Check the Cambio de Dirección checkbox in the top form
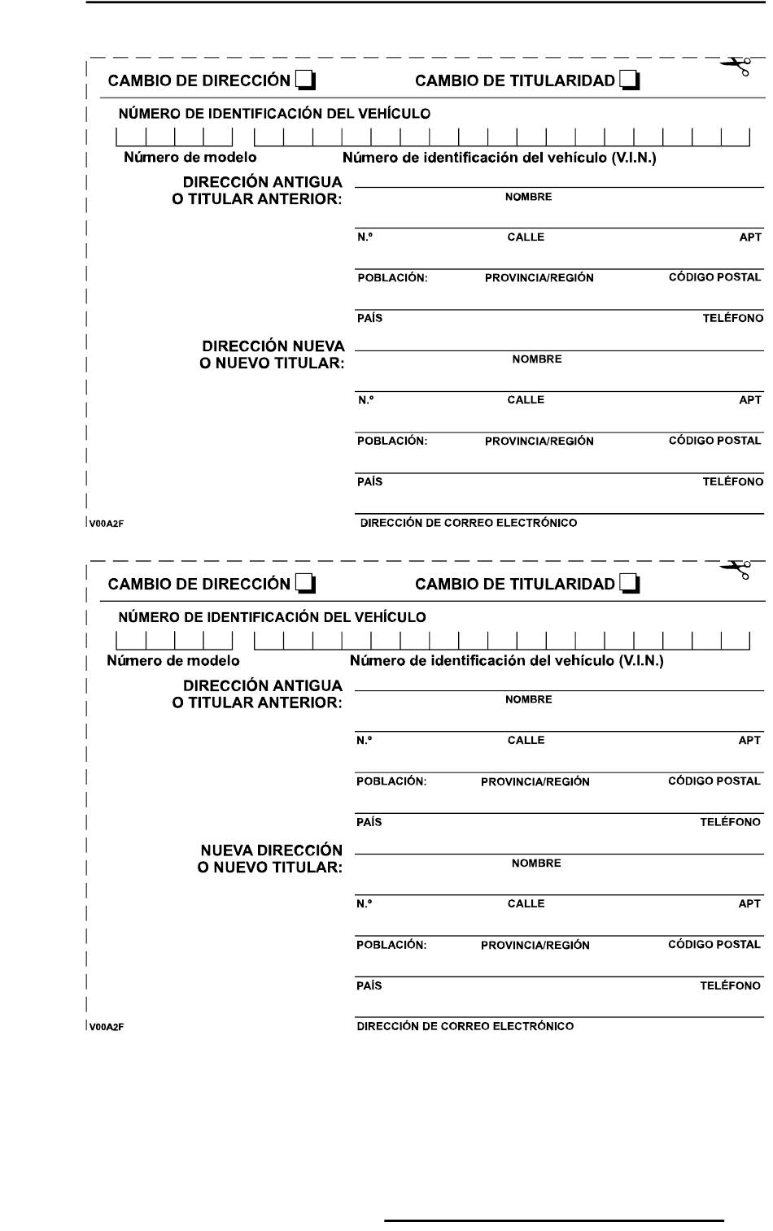click(305, 80)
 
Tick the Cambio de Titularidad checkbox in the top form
click(630, 80)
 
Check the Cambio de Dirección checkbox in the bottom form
click(305, 584)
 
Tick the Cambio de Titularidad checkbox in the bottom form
click(630, 584)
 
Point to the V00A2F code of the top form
click(107, 524)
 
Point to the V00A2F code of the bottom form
click(107, 1027)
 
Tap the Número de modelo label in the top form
click(190, 158)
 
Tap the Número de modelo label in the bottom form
click(173, 661)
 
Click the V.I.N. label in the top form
click(499, 158)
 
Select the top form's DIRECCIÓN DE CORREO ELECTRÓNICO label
click(468, 523)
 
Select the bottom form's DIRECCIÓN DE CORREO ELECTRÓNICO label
click(465, 1026)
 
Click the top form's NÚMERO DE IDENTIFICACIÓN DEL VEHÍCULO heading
click(274, 114)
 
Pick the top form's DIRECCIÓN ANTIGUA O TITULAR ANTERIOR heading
click(257, 191)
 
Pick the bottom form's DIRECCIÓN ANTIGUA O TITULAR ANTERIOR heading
click(257, 694)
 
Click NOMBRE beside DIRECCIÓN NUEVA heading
click(536, 359)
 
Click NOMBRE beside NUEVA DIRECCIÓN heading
click(536, 863)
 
